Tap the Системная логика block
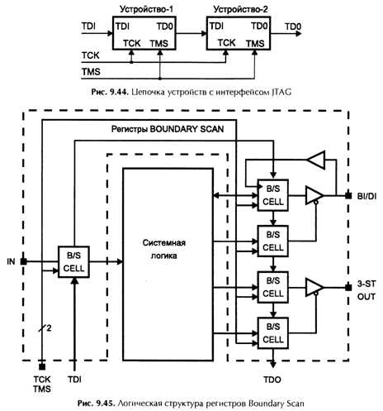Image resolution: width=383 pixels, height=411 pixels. tap(168, 265)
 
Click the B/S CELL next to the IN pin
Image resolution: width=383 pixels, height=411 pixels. tap(73, 262)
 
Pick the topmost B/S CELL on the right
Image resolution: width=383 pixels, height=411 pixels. tap(273, 195)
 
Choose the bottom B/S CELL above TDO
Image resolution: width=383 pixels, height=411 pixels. tap(273, 333)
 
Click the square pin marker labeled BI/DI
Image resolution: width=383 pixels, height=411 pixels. tap(348, 196)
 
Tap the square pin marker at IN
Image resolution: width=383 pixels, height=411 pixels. tap(24, 261)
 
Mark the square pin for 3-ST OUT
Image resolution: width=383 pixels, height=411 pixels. tap(348, 288)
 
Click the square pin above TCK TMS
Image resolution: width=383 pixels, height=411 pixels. tap(42, 367)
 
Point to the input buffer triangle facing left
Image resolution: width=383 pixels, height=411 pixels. tap(316, 160)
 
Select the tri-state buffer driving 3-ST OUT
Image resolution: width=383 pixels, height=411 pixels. tap(314, 288)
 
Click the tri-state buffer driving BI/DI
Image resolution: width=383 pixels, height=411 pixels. tap(314, 196)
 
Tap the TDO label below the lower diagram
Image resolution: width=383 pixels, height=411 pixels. tap(272, 380)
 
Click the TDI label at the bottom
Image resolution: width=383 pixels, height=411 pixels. tap(74, 380)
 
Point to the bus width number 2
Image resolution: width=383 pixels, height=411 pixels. tap(49, 328)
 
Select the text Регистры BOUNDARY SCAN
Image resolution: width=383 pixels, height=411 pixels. tap(168, 129)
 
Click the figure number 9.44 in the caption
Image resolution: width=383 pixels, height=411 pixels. tap(119, 92)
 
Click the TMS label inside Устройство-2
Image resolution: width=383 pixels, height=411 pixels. tap(255, 44)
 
